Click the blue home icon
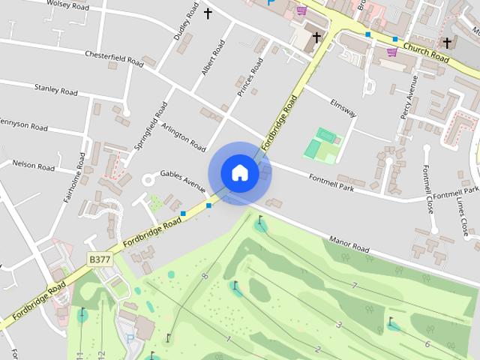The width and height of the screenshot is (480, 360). click(239, 172)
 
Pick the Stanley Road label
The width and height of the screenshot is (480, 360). click(55, 90)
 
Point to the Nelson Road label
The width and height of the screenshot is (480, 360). click(33, 165)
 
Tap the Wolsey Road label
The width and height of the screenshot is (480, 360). click(67, 4)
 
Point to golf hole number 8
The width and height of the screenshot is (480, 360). click(205, 277)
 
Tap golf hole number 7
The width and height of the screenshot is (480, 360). click(353, 286)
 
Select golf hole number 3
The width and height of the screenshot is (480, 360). click(339, 324)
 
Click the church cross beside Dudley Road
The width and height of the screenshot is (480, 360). click(208, 13)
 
